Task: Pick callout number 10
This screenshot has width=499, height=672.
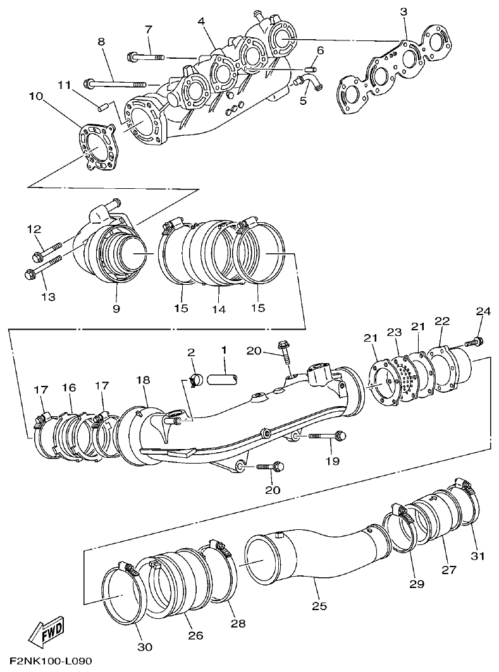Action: pyautogui.click(x=35, y=97)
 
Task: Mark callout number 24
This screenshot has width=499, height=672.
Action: pyautogui.click(x=483, y=311)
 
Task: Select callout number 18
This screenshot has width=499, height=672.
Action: pyautogui.click(x=143, y=380)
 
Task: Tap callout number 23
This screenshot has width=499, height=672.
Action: pyautogui.click(x=395, y=332)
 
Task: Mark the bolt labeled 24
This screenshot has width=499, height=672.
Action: pyautogui.click(x=472, y=342)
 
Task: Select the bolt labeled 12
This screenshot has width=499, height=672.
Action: pyautogui.click(x=48, y=251)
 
